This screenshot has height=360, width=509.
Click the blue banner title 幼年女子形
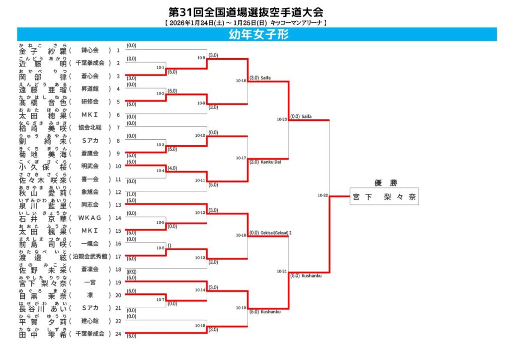[258, 34]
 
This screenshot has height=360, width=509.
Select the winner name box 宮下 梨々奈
[384, 197]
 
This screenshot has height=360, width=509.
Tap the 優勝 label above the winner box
[384, 182]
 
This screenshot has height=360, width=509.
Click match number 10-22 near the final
[323, 195]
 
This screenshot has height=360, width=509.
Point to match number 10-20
[282, 119]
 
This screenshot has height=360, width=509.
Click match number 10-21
[282, 271]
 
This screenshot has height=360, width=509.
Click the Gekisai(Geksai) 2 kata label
[276, 232]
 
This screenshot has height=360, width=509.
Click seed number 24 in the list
[118, 334]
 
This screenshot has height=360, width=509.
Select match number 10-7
[160, 300]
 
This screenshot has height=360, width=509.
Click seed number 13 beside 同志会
[118, 205]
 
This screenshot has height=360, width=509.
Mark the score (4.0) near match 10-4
[172, 168]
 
